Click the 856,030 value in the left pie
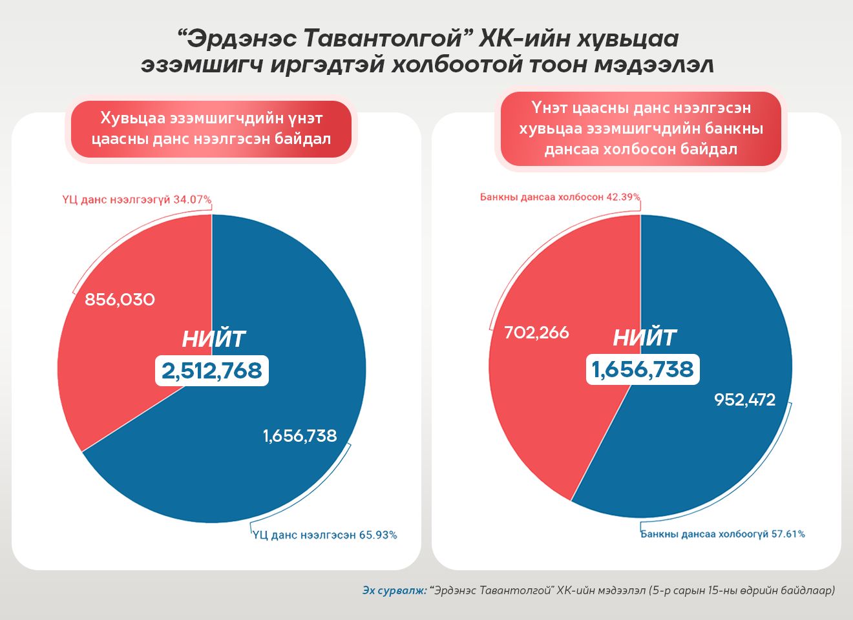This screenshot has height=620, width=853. (120, 300)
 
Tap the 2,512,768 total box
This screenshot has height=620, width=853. (212, 371)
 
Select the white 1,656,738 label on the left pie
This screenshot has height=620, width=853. (300, 436)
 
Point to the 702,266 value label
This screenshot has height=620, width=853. (537, 333)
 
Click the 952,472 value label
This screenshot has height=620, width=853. (744, 400)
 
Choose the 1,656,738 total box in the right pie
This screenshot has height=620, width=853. (642, 369)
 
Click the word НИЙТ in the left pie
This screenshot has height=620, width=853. (213, 339)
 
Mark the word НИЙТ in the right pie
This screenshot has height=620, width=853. (644, 338)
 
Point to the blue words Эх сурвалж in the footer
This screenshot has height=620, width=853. (394, 590)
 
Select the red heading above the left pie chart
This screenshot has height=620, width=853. (211, 129)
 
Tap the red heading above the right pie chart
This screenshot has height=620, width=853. (640, 129)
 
